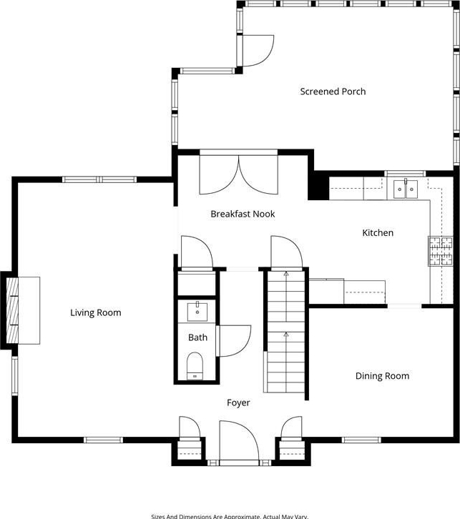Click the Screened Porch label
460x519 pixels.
[x=333, y=92]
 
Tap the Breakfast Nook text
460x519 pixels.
[x=243, y=214]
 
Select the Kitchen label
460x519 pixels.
[x=378, y=232]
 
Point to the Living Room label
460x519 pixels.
[x=96, y=313]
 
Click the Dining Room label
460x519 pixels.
[x=382, y=376]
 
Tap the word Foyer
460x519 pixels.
[x=238, y=402]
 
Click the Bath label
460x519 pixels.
[x=197, y=337]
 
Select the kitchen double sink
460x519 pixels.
[x=406, y=189]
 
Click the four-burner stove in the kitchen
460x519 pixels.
[x=441, y=251]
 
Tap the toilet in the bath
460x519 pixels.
[x=195, y=366]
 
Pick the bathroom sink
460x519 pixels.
[x=197, y=312]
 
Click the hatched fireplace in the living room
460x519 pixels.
[x=12, y=310]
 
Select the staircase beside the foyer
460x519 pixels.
[x=286, y=332]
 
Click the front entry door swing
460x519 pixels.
[x=239, y=440]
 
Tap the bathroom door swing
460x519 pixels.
[x=233, y=341]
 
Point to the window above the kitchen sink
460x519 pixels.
[x=405, y=174]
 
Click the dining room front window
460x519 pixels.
[x=361, y=440]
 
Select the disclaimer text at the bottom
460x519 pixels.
[x=230, y=516]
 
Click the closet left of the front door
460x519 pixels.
[x=190, y=450]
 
